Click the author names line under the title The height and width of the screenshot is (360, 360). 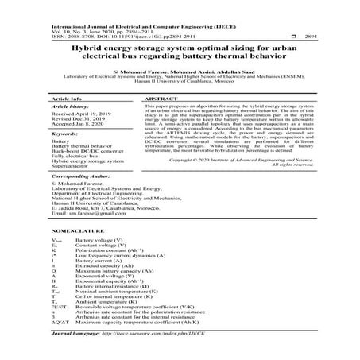180,70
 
